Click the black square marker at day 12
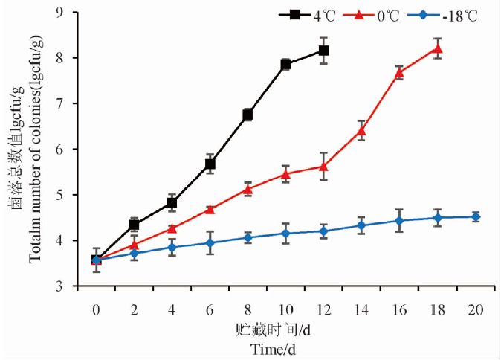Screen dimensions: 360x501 pyautogui.click(x=323, y=51)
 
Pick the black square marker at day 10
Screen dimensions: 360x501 pyautogui.click(x=285, y=64)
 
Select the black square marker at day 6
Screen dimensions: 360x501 pyautogui.click(x=210, y=164)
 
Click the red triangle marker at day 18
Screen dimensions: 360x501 pyautogui.click(x=437, y=48)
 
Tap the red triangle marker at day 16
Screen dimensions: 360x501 pyautogui.click(x=399, y=72)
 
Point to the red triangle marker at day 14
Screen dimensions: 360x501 pyautogui.click(x=361, y=131)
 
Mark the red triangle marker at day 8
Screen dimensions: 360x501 pyautogui.click(x=248, y=189)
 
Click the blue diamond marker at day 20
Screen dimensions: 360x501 pyautogui.click(x=475, y=217)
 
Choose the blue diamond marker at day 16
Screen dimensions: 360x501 pyautogui.click(x=399, y=221)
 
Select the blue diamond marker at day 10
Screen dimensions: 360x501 pyautogui.click(x=285, y=234)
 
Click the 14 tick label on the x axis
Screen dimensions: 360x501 pyautogui.click(x=361, y=309)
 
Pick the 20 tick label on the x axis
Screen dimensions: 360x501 pyautogui.click(x=475, y=309)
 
